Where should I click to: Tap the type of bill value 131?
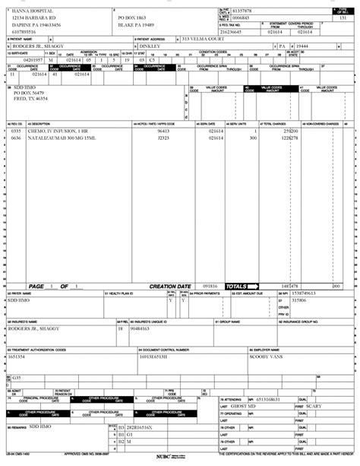coord(343,17)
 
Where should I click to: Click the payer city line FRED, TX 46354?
coord(30,99)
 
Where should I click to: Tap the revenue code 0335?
coord(16,131)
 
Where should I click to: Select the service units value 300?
coord(254,138)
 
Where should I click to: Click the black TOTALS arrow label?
coord(242,286)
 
